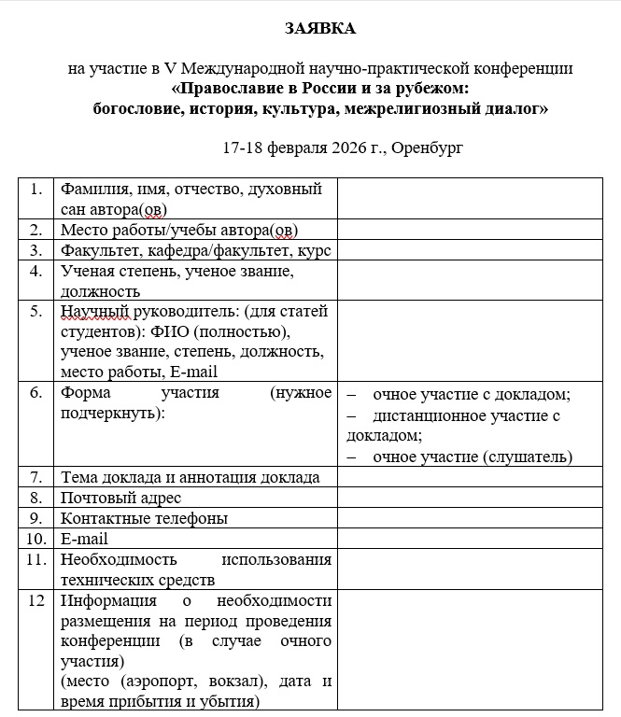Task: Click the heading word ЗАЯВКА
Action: (320, 29)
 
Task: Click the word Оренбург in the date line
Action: (428, 148)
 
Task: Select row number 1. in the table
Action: (36, 189)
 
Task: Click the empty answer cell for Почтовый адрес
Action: (469, 498)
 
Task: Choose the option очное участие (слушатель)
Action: (472, 457)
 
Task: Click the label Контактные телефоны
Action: (144, 518)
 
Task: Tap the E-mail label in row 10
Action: (84, 539)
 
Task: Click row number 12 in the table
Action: (36, 600)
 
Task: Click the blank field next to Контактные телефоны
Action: (469, 518)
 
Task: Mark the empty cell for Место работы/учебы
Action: (469, 230)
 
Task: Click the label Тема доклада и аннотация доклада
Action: (190, 477)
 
